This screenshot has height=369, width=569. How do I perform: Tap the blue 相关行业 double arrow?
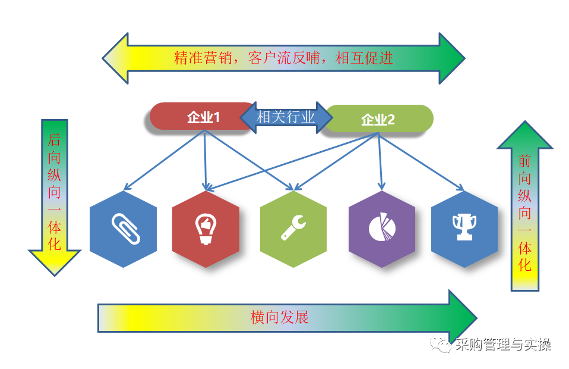point(286,117)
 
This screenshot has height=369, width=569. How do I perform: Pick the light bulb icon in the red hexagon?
point(206,230)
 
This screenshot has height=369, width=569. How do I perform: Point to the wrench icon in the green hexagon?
point(293,229)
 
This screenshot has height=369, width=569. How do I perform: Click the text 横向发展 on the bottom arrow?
point(280,317)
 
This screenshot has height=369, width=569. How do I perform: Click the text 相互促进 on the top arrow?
point(364,58)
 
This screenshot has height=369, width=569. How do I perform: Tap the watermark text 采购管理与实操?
point(503,345)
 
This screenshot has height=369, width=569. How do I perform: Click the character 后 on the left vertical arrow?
point(54,141)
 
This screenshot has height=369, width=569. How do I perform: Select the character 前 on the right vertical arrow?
point(524,162)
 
